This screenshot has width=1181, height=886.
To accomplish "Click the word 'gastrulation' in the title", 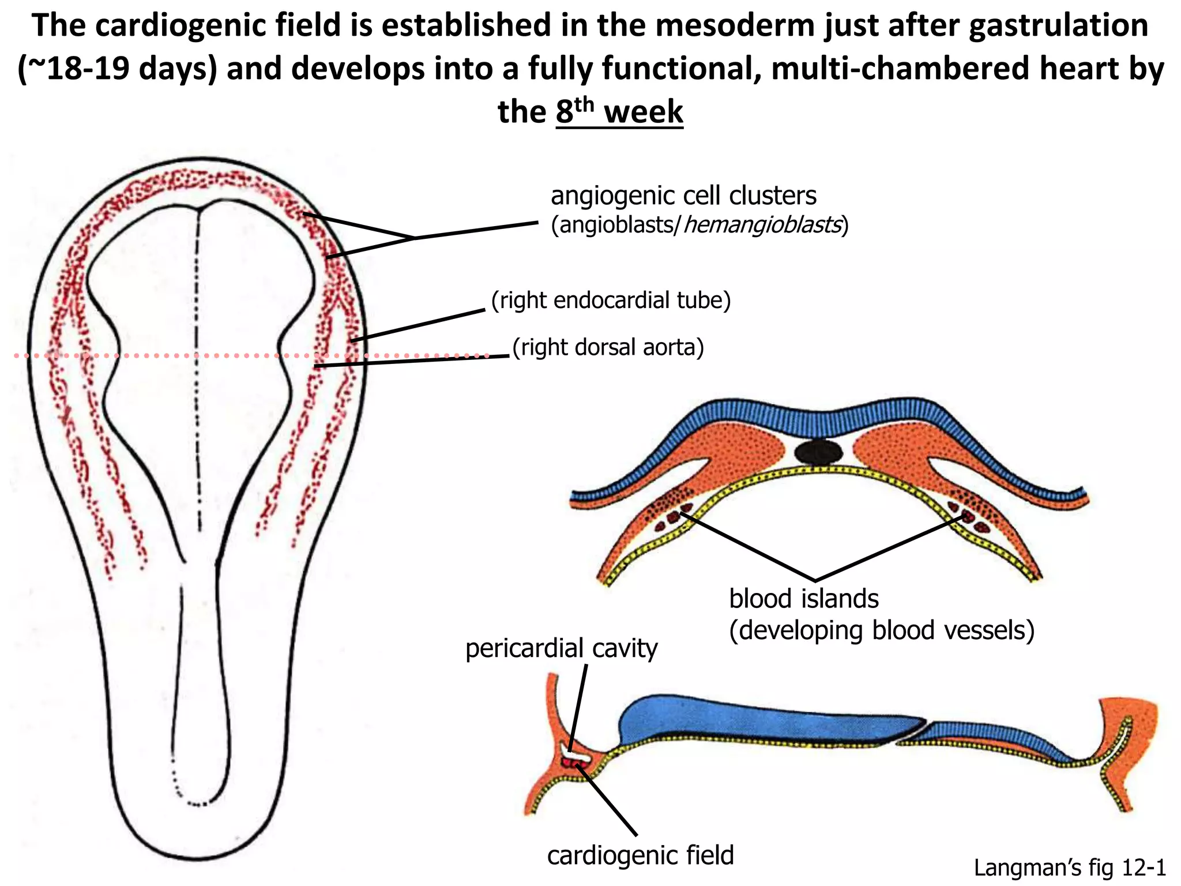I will [1058, 26].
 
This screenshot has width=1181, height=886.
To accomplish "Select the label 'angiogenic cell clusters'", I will [683, 196].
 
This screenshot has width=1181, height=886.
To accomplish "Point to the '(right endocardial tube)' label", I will [611, 301].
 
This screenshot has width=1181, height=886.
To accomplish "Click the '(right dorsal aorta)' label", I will [608, 347].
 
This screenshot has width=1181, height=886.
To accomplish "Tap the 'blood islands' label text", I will [804, 599].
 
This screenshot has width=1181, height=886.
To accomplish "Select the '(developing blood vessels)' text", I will [882, 630].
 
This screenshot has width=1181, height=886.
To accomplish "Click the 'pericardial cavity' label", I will [561, 648].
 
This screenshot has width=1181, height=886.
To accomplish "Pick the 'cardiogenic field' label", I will [640, 855].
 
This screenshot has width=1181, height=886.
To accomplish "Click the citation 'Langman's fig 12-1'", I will [1070, 868].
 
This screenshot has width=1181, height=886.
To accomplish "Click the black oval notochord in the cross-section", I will [818, 453].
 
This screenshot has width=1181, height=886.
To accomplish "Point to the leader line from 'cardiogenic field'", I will [611, 802].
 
